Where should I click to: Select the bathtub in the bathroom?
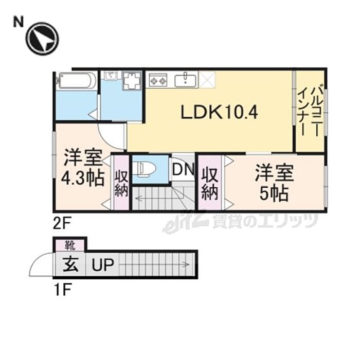click(x=77, y=81)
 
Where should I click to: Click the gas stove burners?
click(x=158, y=80)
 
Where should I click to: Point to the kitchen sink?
click(x=185, y=80)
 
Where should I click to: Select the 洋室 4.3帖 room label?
click(x=83, y=168)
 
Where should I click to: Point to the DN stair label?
click(x=183, y=169)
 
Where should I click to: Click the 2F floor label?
click(x=62, y=223)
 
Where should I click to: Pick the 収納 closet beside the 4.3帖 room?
click(x=121, y=183)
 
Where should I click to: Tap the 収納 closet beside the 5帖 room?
click(x=210, y=183)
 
